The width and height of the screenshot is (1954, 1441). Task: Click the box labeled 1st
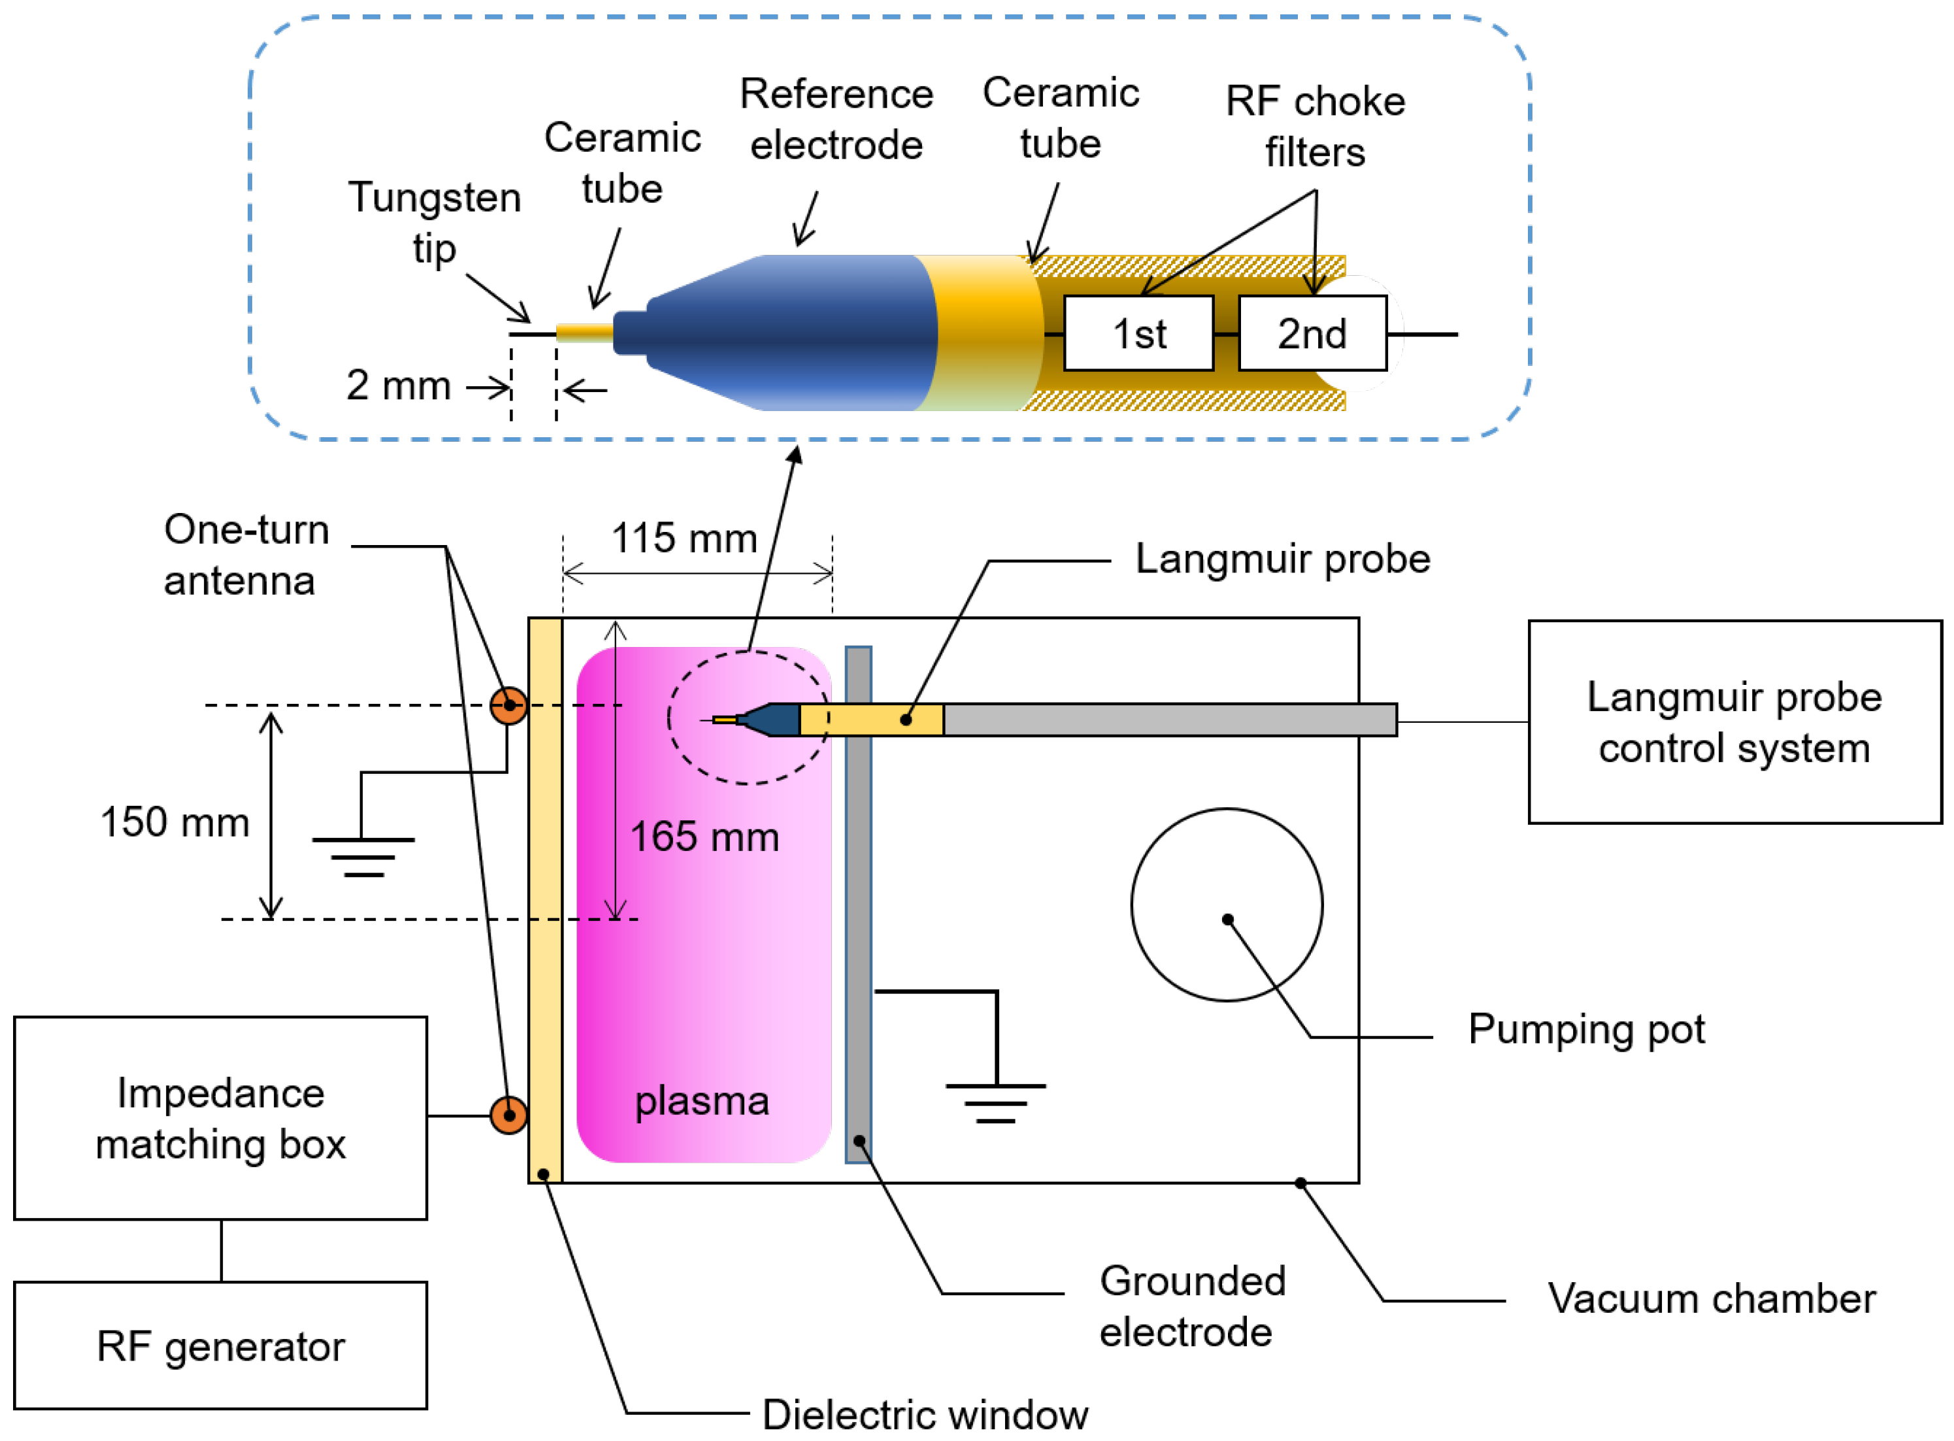(1139, 333)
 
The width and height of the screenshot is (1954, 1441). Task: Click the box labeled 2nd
(1312, 333)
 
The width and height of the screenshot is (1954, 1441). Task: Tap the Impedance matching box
(221, 1118)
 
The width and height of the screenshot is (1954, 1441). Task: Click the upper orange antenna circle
(508, 706)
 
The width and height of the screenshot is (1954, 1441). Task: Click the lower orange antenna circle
(508, 1115)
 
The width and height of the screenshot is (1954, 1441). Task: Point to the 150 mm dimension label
(174, 823)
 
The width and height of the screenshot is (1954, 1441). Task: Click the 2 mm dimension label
(399, 386)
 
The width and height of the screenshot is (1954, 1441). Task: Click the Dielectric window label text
(925, 1415)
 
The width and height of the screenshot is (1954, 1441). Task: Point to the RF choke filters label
(1316, 127)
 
